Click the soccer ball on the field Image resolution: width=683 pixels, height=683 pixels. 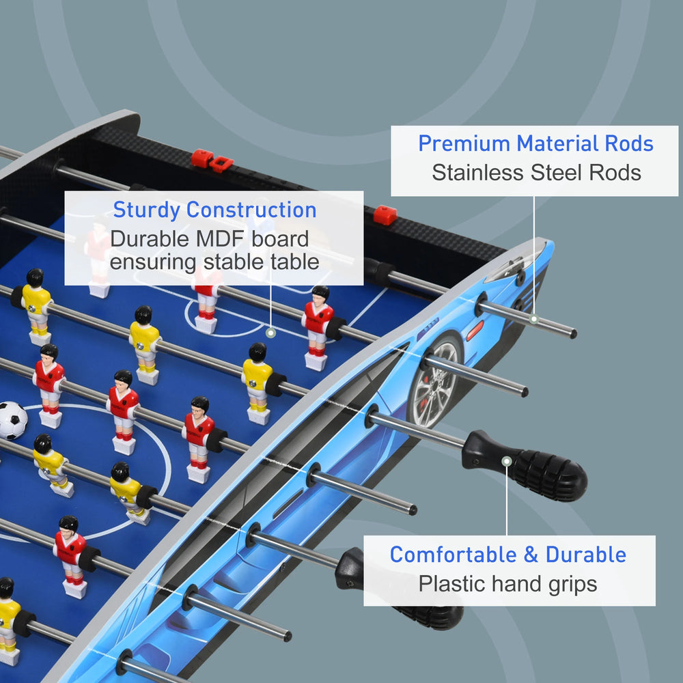[x=12, y=420]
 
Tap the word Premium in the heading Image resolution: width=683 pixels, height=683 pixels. [x=464, y=143]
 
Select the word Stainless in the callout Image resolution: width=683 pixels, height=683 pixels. [x=477, y=173]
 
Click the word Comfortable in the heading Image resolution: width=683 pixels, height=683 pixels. [x=453, y=555]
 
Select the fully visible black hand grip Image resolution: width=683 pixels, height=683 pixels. [x=525, y=465]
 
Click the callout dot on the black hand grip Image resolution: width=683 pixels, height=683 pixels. [x=507, y=461]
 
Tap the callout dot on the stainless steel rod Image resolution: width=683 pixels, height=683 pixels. [x=534, y=319]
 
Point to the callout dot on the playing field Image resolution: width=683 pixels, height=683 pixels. [x=270, y=333]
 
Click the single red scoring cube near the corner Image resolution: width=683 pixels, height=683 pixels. [x=385, y=215]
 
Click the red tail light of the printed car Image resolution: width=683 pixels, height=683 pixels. [x=475, y=331]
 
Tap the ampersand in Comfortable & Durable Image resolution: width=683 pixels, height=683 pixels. [x=531, y=555]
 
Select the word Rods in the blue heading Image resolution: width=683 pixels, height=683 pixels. [x=629, y=143]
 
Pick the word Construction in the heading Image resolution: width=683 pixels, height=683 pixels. [x=251, y=210]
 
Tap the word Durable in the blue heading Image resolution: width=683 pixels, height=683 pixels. [x=586, y=555]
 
